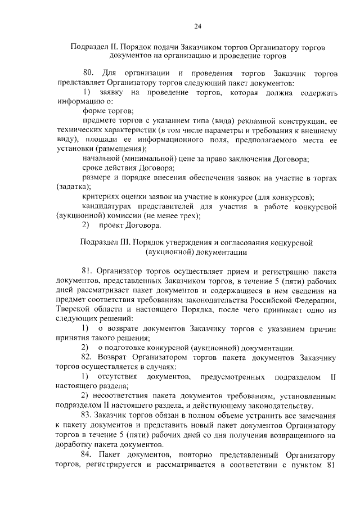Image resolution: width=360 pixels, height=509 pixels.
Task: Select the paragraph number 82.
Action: click(88, 357)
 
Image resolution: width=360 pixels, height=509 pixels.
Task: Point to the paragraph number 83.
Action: click(88, 413)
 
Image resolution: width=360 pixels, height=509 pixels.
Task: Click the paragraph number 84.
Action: click(88, 454)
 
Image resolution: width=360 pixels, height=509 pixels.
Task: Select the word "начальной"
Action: click(101, 159)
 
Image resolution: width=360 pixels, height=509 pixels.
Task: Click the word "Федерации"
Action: click(317, 300)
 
